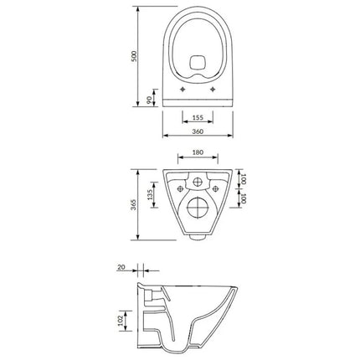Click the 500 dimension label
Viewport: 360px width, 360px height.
tap(135, 56)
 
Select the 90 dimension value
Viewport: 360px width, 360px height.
tap(149, 100)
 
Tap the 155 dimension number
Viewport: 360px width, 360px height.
tap(198, 117)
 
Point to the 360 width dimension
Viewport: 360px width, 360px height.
tap(198, 131)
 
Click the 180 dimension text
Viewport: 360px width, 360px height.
tap(198, 152)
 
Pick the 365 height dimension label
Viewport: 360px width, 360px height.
tap(135, 204)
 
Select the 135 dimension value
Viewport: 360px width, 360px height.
tap(150, 195)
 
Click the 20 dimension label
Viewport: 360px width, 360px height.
tap(121, 267)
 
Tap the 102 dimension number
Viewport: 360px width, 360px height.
tap(121, 321)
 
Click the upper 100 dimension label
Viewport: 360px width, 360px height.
tap(244, 179)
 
